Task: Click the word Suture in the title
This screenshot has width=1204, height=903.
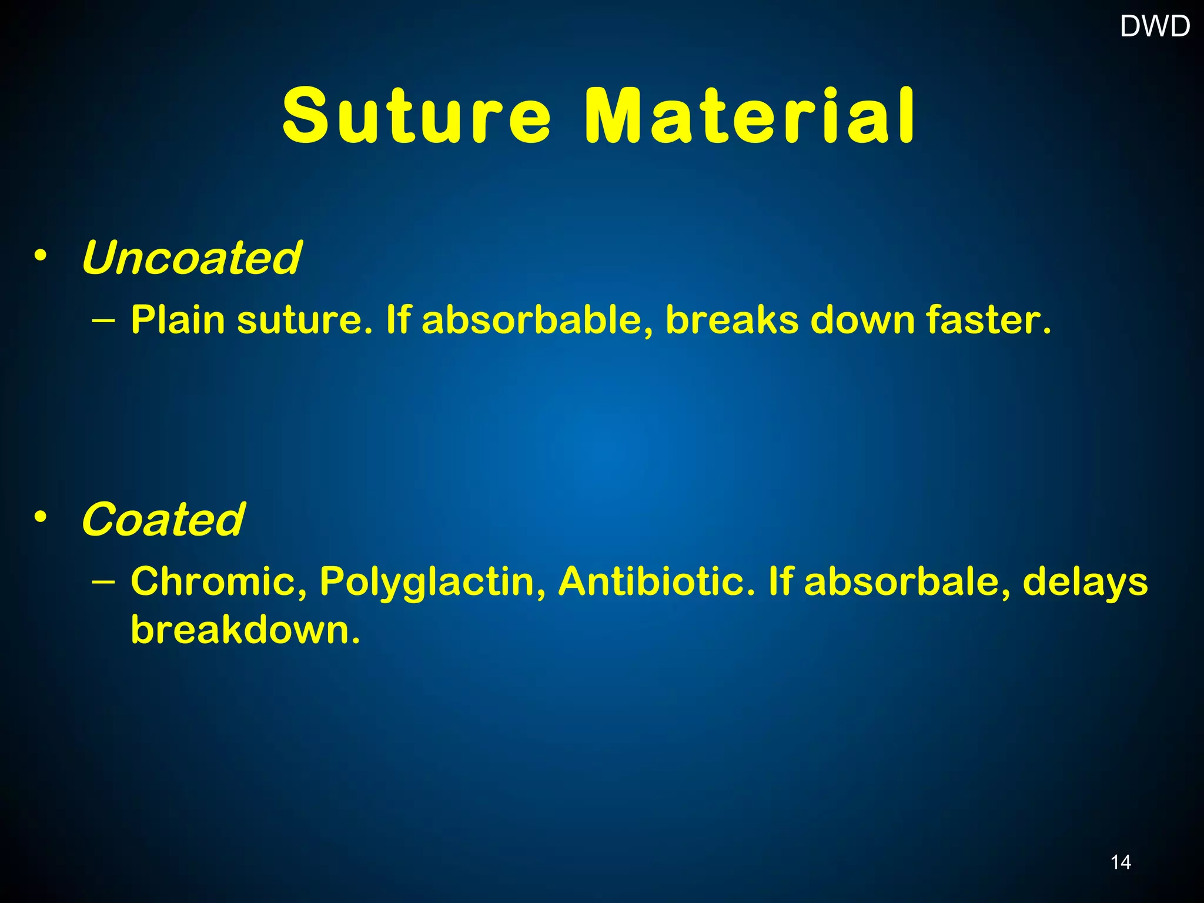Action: [416, 116]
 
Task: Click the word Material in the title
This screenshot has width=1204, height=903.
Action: [750, 116]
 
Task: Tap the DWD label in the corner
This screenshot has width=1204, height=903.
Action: [1155, 26]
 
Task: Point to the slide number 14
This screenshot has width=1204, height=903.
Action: [1121, 862]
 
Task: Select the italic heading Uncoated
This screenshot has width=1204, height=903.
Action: [191, 258]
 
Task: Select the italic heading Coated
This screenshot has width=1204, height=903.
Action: [163, 520]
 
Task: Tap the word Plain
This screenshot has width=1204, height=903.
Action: [178, 320]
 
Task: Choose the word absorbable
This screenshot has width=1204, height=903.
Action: [537, 320]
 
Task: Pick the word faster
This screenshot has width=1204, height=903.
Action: [988, 320]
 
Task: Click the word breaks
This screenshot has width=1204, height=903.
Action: [732, 320]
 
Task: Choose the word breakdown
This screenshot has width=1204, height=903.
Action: [245, 630]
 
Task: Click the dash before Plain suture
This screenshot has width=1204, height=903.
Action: [105, 321]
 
